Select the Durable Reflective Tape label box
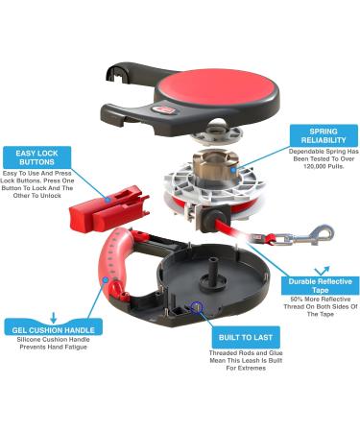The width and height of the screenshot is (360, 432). pos(309,283)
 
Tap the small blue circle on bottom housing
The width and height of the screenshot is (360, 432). pos(198,308)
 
